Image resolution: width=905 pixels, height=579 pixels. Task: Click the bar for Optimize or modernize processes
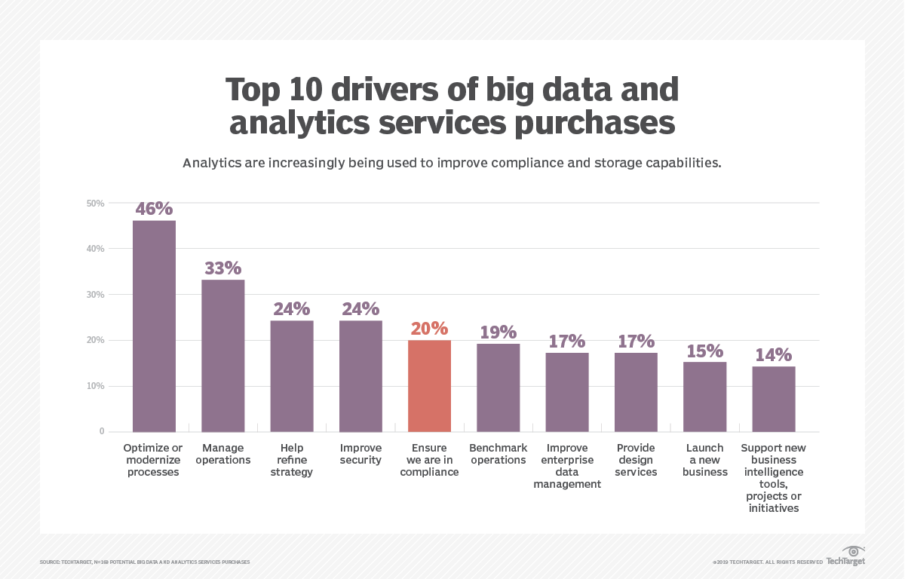pos(154,326)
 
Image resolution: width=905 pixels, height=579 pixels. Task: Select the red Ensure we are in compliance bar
pos(429,385)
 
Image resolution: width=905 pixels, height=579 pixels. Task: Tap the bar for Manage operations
pos(222,355)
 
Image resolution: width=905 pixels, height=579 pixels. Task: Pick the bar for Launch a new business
pos(704,397)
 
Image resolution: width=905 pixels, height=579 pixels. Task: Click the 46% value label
pos(154,209)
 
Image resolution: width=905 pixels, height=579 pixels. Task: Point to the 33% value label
pos(222,268)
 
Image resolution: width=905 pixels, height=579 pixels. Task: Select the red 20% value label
pos(429,329)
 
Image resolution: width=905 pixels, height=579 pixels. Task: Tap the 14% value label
pos(773,354)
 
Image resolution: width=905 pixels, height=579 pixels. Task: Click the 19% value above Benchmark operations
pos(498,332)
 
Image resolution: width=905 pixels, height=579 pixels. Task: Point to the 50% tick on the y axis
pos(95,203)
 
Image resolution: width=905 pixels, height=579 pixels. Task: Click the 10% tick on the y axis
pos(95,386)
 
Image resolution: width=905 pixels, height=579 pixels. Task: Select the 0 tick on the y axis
pos(101,432)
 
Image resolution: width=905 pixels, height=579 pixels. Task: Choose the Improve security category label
pos(360,454)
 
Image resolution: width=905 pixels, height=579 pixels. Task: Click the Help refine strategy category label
pos(292,460)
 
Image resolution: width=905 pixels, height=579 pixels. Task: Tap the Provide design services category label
pos(636,460)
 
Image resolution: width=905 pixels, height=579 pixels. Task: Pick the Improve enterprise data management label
pos(567,466)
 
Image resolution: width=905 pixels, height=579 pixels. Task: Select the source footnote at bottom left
pos(144,562)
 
